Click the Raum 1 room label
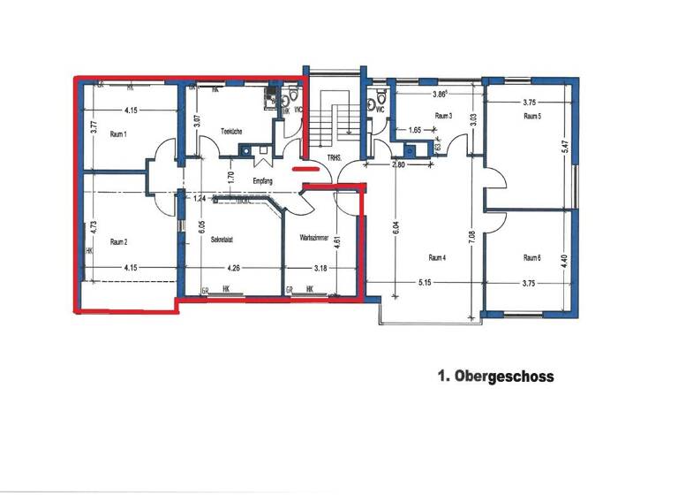(119, 135)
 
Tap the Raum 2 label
(119, 241)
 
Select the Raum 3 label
(443, 117)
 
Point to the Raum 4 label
(436, 258)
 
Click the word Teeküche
(231, 132)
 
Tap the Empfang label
(262, 181)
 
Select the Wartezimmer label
(315, 238)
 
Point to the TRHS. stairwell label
(335, 159)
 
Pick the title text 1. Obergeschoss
(495, 377)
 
